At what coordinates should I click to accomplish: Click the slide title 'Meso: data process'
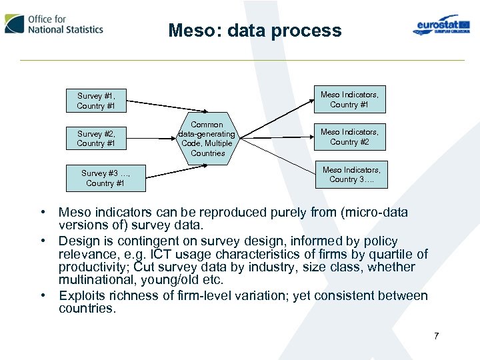click(x=255, y=31)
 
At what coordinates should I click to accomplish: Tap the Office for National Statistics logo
click(x=55, y=24)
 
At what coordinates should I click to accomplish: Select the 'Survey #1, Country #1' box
click(x=96, y=101)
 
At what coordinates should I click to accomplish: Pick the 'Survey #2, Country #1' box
click(x=96, y=139)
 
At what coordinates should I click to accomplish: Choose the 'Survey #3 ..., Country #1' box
click(x=105, y=178)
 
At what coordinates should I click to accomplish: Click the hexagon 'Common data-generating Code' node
click(x=207, y=139)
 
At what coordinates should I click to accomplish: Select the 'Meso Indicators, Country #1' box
click(x=349, y=99)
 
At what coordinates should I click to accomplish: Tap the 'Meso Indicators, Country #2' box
click(x=349, y=137)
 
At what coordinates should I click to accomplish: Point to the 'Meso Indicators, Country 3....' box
click(x=351, y=175)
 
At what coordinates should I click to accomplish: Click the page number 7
click(x=436, y=336)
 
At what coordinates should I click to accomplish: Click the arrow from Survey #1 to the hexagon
click(x=157, y=106)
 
